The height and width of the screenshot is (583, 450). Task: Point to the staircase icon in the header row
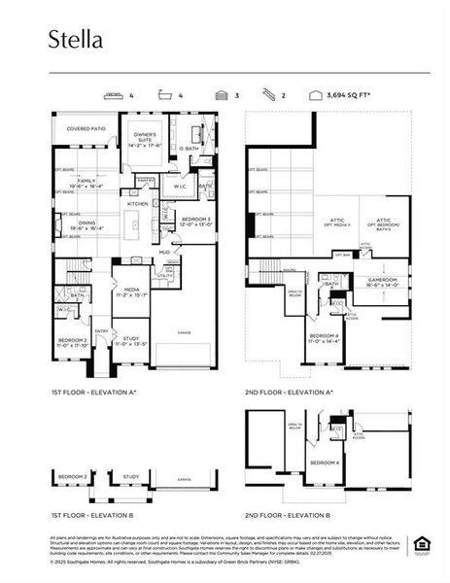pyautogui.click(x=266, y=97)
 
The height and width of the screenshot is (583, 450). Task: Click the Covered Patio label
pyautogui.click(x=86, y=128)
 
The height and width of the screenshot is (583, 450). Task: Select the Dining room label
pyautogui.click(x=87, y=224)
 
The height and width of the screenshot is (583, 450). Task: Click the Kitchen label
pyautogui.click(x=136, y=204)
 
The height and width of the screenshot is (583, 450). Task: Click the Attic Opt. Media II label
pyautogui.click(x=333, y=223)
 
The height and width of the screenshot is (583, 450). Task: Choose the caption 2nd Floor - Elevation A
pyautogui.click(x=289, y=392)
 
